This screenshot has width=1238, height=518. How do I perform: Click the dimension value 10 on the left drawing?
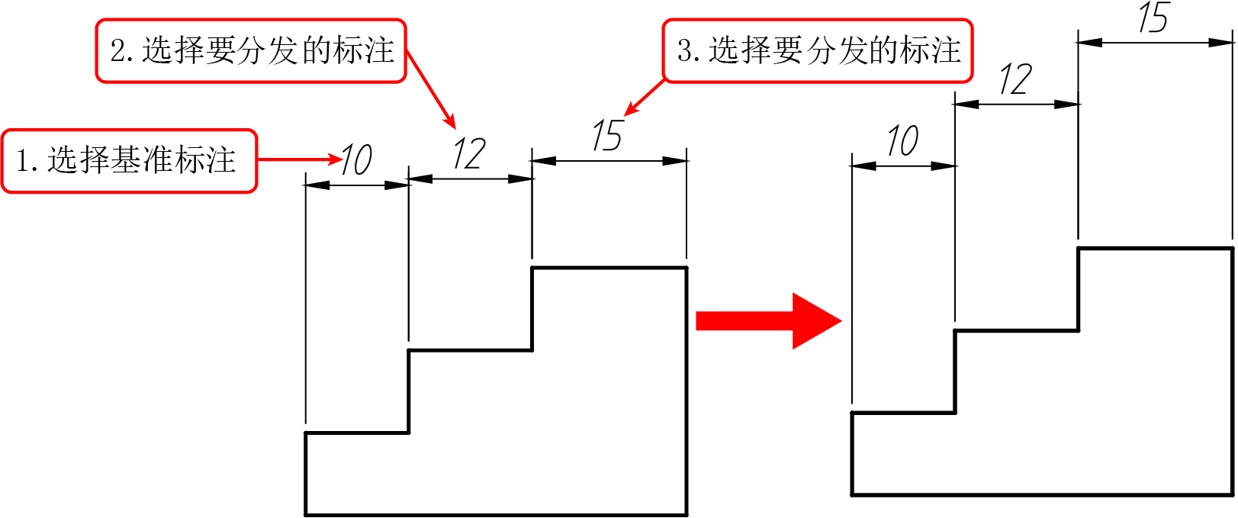tap(356, 159)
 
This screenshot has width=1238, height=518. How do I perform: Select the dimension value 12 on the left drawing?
tap(469, 153)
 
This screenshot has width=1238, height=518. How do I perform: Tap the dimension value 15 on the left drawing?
tap(607, 136)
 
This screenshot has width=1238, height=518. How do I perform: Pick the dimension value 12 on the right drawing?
tap(1015, 79)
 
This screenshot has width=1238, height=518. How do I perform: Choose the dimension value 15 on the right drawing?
tap(1153, 17)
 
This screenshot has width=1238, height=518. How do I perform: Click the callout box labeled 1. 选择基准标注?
tap(130, 161)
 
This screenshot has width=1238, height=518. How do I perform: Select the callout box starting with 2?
tap(251, 51)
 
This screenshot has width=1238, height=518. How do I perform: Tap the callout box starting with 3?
tap(818, 51)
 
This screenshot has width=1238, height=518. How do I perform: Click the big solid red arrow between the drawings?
tap(768, 321)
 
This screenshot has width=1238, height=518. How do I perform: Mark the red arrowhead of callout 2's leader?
tap(450, 121)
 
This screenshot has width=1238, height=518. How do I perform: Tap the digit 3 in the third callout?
tap(684, 51)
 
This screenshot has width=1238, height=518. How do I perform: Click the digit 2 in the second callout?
tap(117, 51)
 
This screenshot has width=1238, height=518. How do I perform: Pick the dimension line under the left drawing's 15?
tap(609, 161)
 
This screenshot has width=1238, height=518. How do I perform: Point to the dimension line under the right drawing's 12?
tap(1016, 104)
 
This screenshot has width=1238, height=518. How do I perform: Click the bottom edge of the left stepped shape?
tap(497, 515)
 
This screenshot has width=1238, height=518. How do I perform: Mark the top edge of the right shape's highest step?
tap(1156, 248)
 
